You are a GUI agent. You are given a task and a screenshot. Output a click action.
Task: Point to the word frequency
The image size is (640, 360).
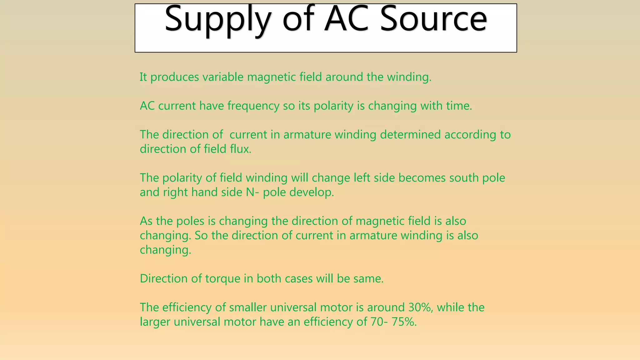coord(253,106)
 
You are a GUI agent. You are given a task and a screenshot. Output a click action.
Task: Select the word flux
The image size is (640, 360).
coord(241,149)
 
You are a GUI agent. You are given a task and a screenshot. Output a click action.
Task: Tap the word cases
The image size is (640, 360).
coord(299,278)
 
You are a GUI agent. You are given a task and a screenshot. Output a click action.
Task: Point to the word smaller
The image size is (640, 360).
coord(248,307)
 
